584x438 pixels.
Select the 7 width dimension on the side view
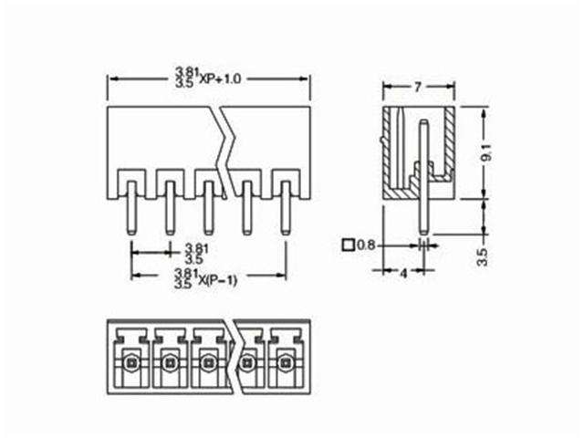[x=417, y=88]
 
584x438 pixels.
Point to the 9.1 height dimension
[x=487, y=152]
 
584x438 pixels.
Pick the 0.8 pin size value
[x=366, y=245]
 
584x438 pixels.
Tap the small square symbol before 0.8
[x=347, y=245]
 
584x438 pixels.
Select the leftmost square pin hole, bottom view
[x=130, y=362]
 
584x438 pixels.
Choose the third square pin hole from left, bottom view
[x=209, y=362]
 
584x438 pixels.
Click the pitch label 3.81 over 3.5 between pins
[x=194, y=253]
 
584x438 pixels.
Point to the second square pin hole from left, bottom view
[x=170, y=362]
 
